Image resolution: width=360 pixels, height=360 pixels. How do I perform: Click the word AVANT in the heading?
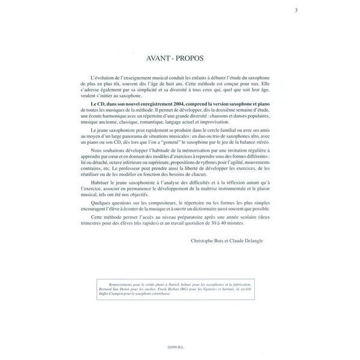coord(159,59)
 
